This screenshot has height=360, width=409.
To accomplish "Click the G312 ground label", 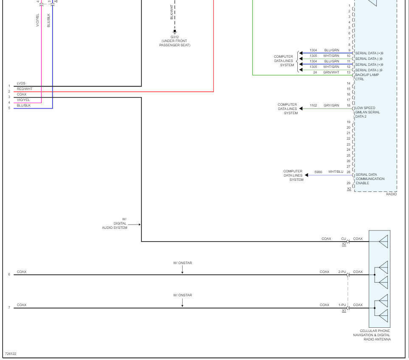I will pos(175,37).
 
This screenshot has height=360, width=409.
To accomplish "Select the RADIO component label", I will pos(391,194).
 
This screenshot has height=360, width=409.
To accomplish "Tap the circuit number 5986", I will pos(318,172).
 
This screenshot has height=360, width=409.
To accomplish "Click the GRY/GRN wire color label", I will pos(331,105).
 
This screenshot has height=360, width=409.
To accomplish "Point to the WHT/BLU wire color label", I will pos(336,172).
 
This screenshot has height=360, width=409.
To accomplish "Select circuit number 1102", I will pos(313,105).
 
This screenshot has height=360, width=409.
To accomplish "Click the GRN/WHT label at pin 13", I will pos(332,72).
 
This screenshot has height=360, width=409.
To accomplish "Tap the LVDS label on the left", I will pos(21,83).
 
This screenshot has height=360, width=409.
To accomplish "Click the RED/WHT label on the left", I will pos(25,89).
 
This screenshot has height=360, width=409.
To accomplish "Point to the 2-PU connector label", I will pos(342,272).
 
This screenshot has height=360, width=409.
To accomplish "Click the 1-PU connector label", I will pos(342,305).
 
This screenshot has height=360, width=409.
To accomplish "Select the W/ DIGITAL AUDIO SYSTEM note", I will pos(115,224).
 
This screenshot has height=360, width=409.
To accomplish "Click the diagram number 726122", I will pos(11,354).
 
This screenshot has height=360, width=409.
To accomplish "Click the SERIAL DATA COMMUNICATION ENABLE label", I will pos(370,179).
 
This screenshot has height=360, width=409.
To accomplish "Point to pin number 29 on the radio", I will pos(348,183).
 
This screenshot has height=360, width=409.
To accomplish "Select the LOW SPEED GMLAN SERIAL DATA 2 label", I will pos(368,112).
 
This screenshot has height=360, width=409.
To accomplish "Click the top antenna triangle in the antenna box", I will pos(383,242).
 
